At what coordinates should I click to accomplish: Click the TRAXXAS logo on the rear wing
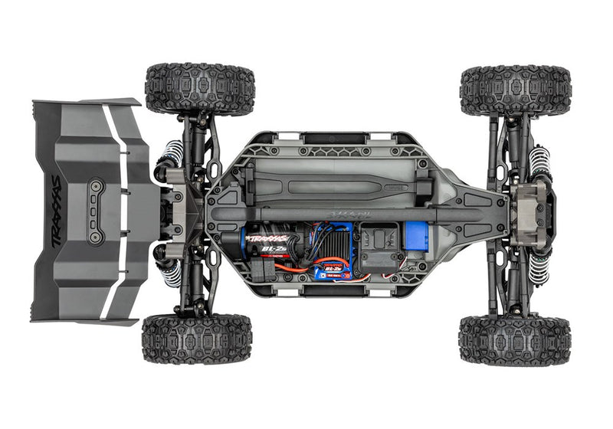click(56, 211)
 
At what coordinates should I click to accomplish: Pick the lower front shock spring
click(539, 265)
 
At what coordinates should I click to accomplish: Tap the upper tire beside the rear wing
click(200, 89)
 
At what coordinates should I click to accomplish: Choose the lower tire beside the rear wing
click(197, 338)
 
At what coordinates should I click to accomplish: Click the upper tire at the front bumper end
click(515, 90)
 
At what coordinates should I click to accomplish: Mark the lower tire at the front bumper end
click(515, 339)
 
